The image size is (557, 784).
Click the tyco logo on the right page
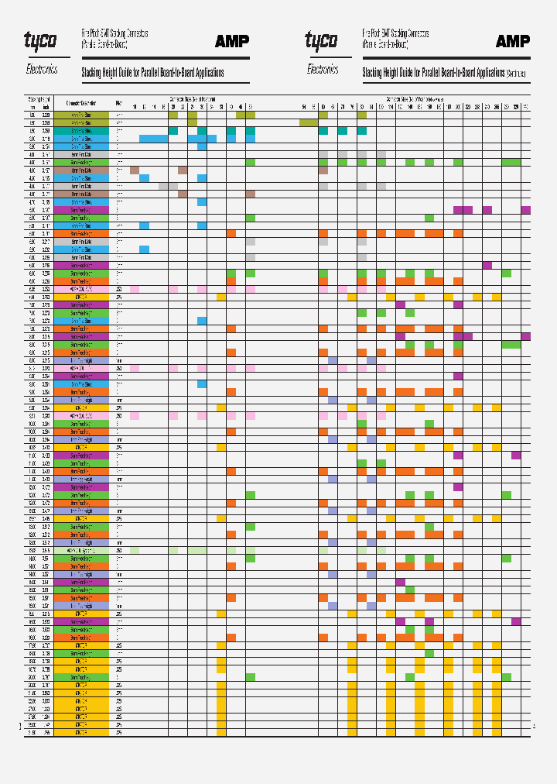[x=321, y=40]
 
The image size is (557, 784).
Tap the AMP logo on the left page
[x=232, y=41]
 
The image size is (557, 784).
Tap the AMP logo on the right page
[x=512, y=41]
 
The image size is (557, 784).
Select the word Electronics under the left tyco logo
[x=42, y=69]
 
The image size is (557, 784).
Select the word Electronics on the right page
[x=323, y=69]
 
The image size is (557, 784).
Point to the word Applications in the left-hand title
[x=204, y=73]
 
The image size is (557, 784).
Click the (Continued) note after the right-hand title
[x=516, y=74]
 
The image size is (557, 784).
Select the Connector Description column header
[x=81, y=102]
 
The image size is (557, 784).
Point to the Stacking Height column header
[x=39, y=98]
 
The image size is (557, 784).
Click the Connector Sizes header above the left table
[x=193, y=98]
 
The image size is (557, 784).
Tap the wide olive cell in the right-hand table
[x=308, y=122]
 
